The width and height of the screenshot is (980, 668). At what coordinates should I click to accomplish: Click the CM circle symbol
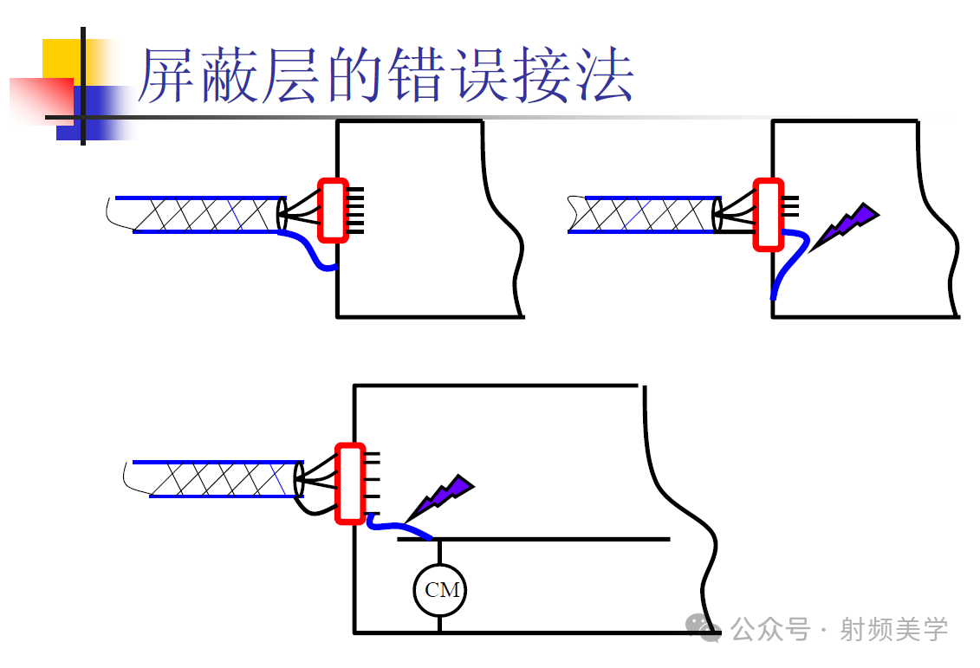coord(439,591)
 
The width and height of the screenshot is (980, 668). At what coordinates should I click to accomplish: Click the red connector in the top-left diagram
coord(333,210)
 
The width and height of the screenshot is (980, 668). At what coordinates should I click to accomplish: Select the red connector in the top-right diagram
coord(768,214)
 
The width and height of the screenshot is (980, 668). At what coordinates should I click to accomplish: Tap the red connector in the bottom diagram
coord(350,483)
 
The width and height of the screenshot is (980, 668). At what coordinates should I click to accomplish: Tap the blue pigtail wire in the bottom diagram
coord(399,526)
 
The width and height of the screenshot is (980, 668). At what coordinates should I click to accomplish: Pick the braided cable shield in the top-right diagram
coord(646,214)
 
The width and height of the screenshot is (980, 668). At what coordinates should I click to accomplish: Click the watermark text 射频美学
coord(893,629)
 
